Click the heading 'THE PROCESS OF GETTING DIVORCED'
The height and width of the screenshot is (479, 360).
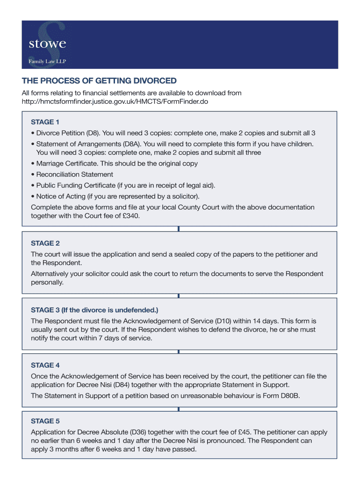point(100,81)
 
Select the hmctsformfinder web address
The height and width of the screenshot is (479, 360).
point(115,102)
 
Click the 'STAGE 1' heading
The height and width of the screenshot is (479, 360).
point(45,123)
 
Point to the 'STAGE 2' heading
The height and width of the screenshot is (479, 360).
point(45,243)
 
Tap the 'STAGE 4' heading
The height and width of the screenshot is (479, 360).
point(45,365)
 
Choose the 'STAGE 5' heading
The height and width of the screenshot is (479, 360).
point(45,421)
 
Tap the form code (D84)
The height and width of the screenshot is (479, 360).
point(148,385)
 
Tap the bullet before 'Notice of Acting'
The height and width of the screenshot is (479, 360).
point(32,196)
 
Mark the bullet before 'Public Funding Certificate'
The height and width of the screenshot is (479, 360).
point(32,186)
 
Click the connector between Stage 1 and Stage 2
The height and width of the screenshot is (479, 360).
point(179,229)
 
